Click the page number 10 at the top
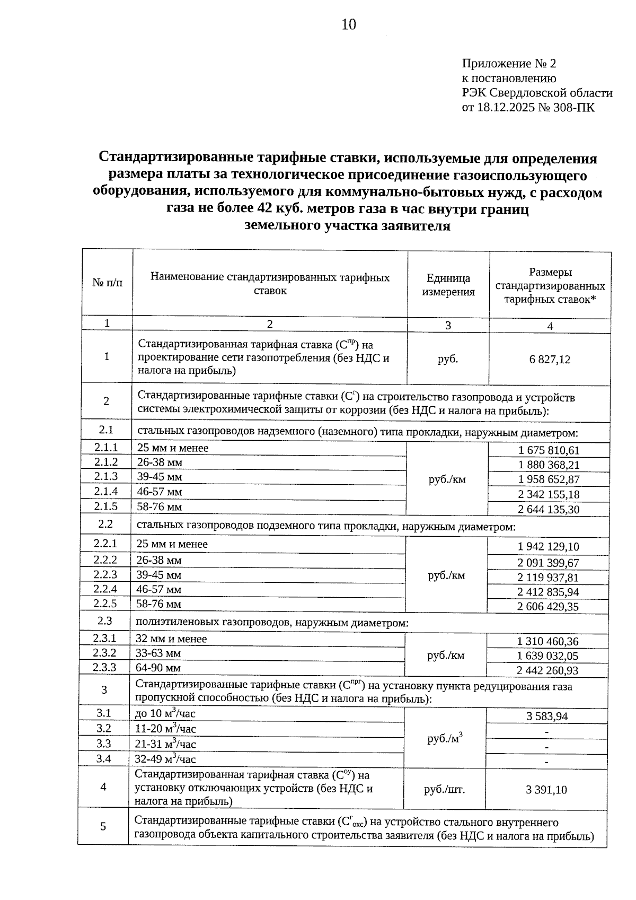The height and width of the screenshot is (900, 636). coord(349,24)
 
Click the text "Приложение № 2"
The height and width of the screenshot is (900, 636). coord(509,64)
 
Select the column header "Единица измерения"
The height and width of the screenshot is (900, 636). coord(448,285)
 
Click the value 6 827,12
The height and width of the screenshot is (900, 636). coord(550,360)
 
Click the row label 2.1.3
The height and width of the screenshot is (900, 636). coord(106,476)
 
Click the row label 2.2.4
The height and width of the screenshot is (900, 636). coord(105,589)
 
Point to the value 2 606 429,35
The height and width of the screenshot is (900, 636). coord(547,607)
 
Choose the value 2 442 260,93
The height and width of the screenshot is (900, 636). coord(547,670)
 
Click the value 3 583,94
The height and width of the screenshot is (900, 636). coord(547,716)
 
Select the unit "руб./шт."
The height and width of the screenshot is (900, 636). coord(444,789)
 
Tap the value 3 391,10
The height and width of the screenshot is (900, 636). coord(546,790)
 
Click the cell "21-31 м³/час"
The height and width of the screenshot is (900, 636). coord(165,744)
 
